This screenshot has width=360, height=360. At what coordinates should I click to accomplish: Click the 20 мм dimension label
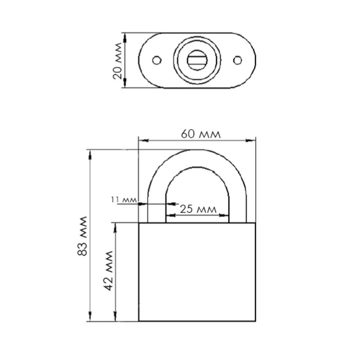[118, 61]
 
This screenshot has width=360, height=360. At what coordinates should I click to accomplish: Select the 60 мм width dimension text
[201, 134]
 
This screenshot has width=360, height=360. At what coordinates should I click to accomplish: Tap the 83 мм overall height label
[82, 236]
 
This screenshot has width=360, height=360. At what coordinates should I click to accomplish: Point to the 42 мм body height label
[109, 271]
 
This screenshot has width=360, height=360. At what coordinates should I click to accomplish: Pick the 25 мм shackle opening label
[198, 209]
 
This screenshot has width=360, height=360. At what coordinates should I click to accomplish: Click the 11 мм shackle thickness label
[124, 200]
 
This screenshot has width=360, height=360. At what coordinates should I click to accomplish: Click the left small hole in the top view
[157, 60]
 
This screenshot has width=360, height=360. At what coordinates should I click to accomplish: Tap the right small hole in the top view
[238, 60]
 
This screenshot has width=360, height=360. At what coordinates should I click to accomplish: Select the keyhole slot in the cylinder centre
[197, 60]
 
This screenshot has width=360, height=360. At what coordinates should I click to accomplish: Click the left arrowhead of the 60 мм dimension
[143, 140]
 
